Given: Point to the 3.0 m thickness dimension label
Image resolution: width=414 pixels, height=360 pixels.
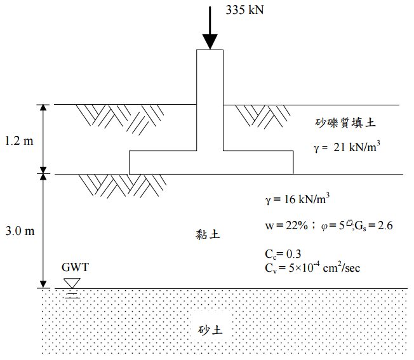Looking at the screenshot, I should point(18,231).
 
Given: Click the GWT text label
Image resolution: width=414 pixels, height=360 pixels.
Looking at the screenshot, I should point(75,267).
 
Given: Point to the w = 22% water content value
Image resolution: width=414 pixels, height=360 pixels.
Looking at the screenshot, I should point(286,225).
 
